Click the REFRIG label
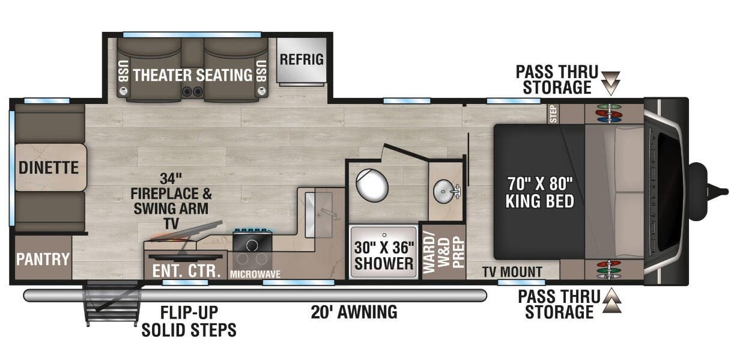tap(302, 59)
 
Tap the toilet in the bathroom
tap(372, 185)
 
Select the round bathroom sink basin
tap(444, 191)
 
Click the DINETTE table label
tap(49, 167)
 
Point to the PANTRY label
tap(43, 259)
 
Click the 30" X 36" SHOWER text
tap(384, 255)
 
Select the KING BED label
tap(539, 201)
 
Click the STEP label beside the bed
tap(553, 114)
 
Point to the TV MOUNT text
tap(512, 272)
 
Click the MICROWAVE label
tap(255, 274)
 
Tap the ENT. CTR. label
tap(186, 271)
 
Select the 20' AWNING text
tap(354, 312)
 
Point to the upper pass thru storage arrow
tap(611, 83)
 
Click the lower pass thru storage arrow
tap(612, 301)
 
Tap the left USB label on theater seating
tap(123, 71)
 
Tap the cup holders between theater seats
tap(192, 91)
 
